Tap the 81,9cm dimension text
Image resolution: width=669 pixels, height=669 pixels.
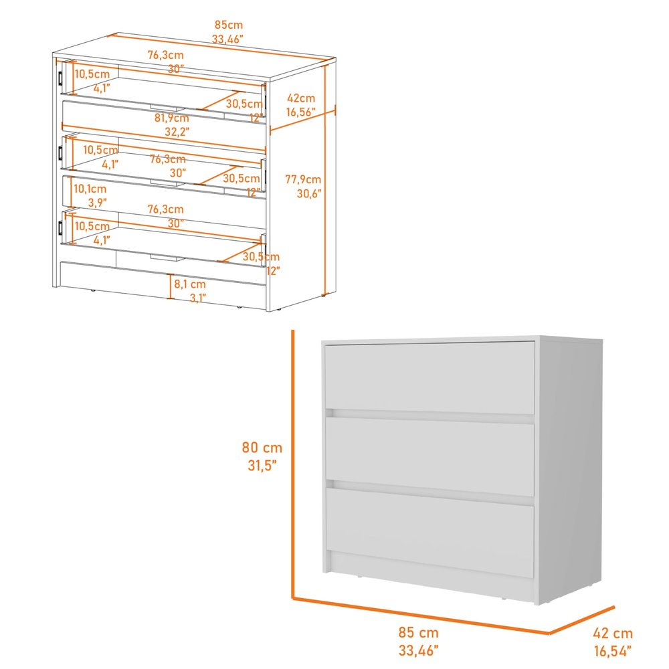(171, 118)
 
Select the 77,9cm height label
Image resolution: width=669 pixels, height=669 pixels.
(302, 179)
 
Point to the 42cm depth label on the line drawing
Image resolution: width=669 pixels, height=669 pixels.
(300, 98)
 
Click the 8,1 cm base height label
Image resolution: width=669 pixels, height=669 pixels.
(190, 284)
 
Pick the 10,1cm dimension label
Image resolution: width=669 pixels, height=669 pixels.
(90, 189)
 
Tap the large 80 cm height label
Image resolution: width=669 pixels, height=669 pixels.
(262, 448)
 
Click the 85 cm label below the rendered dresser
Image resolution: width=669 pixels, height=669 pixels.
(419, 632)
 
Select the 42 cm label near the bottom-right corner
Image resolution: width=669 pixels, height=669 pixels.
(612, 634)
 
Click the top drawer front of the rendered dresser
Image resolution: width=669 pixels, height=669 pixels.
(429, 377)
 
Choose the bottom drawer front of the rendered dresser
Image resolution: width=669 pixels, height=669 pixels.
(429, 530)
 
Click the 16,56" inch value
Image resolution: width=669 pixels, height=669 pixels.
(300, 112)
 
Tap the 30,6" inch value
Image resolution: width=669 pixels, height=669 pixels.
(309, 194)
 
